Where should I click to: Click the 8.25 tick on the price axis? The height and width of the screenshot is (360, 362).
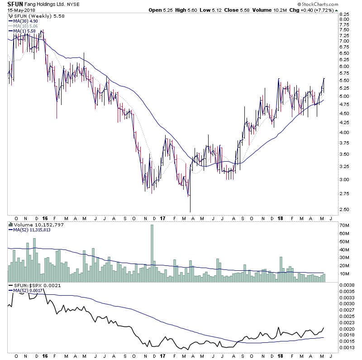(x=344, y=14)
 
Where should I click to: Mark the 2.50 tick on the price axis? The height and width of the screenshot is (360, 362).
(x=344, y=209)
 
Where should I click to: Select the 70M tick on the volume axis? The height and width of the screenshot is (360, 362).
(x=343, y=225)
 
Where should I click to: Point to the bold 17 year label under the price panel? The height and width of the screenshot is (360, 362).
(x=162, y=217)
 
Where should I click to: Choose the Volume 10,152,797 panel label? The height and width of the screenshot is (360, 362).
(x=32, y=224)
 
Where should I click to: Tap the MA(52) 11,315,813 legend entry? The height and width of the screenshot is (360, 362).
(x=32, y=230)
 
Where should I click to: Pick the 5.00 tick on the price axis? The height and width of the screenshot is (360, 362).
(x=344, y=96)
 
